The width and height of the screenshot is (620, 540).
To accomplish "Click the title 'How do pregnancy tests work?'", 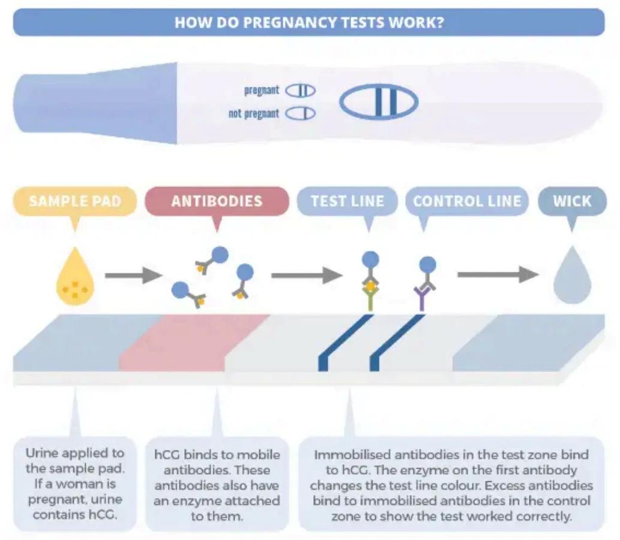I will pyautogui.click(x=309, y=22).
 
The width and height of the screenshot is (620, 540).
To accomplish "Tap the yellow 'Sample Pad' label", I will pyautogui.click(x=74, y=201).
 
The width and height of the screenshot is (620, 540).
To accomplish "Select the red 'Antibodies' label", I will pyautogui.click(x=217, y=201).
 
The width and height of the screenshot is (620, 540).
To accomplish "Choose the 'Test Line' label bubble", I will pyautogui.click(x=348, y=201).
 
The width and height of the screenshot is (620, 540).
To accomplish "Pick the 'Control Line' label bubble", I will pyautogui.click(x=467, y=201).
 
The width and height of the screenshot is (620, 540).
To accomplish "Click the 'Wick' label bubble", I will pyautogui.click(x=572, y=201).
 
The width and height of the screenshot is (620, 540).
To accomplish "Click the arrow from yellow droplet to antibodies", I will pyautogui.click(x=133, y=276).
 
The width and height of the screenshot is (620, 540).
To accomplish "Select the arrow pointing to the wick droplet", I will pyautogui.click(x=498, y=275).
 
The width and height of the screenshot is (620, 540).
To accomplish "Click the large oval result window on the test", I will pyautogui.click(x=379, y=103).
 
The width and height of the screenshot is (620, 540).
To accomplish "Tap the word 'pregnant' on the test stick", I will pyautogui.click(x=262, y=91).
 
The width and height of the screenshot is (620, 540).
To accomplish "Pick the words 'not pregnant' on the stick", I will pyautogui.click(x=254, y=113).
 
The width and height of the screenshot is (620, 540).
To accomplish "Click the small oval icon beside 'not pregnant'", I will pyautogui.click(x=300, y=113).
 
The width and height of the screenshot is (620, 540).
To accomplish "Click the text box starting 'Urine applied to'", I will pyautogui.click(x=75, y=483).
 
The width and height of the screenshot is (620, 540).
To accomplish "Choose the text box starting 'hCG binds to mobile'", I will pyautogui.click(x=217, y=483).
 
